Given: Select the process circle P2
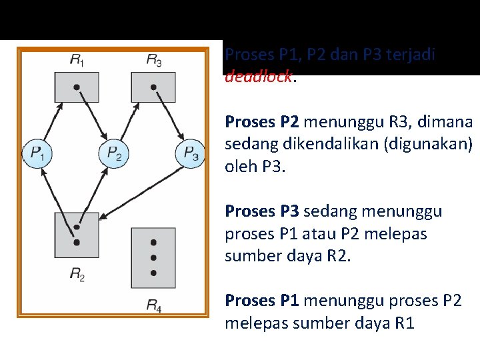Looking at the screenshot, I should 114,154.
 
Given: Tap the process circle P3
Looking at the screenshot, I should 191,154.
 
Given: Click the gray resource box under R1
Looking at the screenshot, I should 77,87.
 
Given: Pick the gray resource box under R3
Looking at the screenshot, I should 153,87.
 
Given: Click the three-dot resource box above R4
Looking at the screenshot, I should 153,257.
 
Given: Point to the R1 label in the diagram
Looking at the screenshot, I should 77,60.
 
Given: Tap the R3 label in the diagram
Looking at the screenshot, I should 153,60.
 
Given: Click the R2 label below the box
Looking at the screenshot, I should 77,274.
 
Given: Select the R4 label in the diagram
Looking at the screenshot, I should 153,306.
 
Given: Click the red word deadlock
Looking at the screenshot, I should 258,76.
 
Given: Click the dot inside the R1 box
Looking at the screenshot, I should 77,87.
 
